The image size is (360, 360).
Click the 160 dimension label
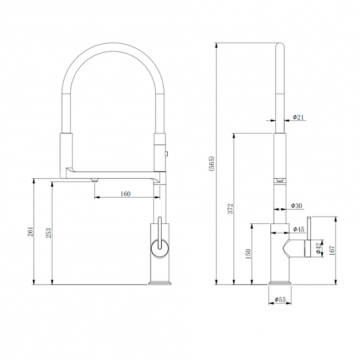click(125, 194)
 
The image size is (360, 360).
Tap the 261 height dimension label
click(30, 232)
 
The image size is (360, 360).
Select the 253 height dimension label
click(49, 233)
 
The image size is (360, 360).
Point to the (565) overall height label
click(211, 164)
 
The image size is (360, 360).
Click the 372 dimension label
click(230, 208)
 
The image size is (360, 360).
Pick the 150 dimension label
click(249, 254)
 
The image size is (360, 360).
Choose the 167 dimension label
click(332, 250)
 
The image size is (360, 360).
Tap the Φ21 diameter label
click(298, 117)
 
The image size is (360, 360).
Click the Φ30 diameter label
click(297, 205)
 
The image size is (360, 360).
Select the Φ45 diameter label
click(299, 229)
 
